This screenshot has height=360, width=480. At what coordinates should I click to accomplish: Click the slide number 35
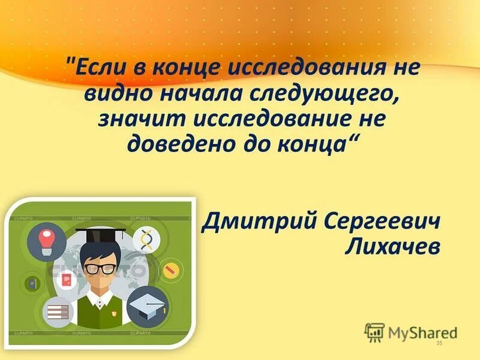point(439,343)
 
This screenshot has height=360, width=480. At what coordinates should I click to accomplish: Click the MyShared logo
point(411,331)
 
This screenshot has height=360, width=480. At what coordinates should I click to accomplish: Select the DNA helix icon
point(146,240)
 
